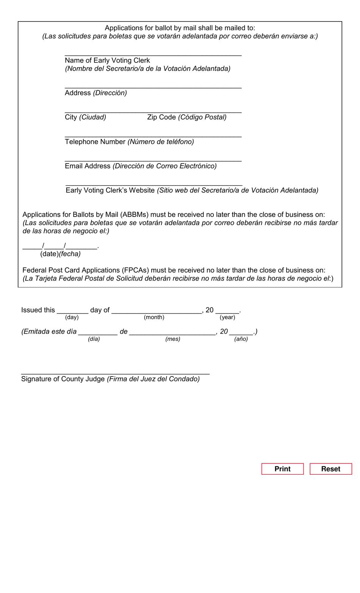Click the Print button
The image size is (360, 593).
(x=282, y=469)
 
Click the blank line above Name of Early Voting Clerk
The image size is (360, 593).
(x=153, y=55)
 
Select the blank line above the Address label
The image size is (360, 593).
(x=153, y=88)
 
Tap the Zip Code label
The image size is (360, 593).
(x=161, y=117)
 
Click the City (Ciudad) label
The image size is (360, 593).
(x=85, y=117)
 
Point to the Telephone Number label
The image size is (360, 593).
(x=95, y=142)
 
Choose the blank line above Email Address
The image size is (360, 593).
(x=153, y=161)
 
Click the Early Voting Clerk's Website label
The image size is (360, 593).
(x=110, y=190)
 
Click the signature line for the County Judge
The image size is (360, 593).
(x=115, y=373)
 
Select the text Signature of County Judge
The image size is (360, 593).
(x=63, y=379)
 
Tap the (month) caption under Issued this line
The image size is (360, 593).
(x=154, y=317)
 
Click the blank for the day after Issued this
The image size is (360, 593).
(x=72, y=312)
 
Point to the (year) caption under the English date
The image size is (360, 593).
(x=227, y=317)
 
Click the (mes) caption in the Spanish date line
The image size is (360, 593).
(x=172, y=339)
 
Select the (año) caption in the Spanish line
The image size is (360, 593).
(x=241, y=339)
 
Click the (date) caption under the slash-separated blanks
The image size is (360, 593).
(x=50, y=254)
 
